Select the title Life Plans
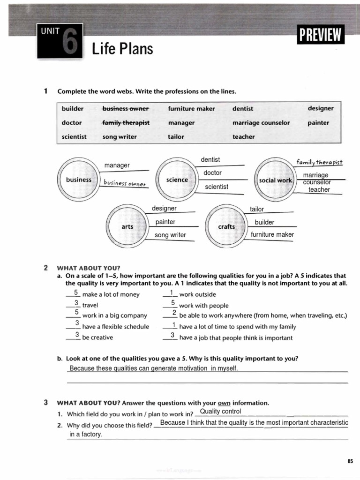click(x=122, y=48)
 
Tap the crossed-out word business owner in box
click(x=125, y=109)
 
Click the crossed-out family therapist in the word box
click(x=126, y=123)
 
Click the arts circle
click(x=127, y=226)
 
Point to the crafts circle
click(x=226, y=226)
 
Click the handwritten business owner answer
click(x=125, y=183)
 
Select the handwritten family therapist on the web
click(x=319, y=162)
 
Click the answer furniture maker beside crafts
click(x=272, y=234)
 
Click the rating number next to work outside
click(x=172, y=292)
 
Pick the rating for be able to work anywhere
click(x=174, y=313)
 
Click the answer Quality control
click(x=220, y=412)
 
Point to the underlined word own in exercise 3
click(x=224, y=403)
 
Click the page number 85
click(x=350, y=462)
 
